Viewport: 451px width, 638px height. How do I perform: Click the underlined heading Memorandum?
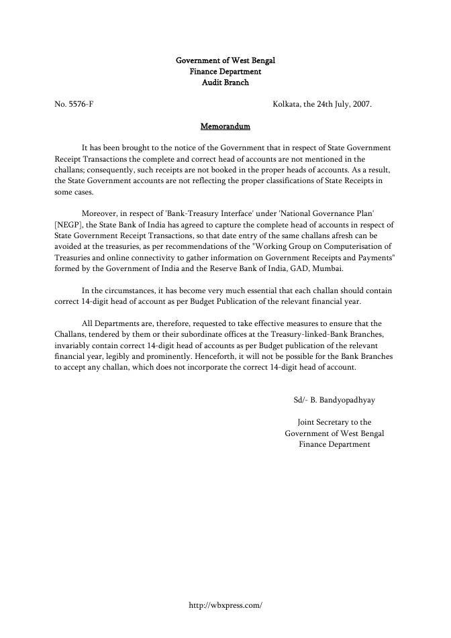pos(225,126)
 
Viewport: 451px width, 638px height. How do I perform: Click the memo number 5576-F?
pos(81,104)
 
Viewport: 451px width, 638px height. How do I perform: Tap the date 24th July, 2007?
pos(342,104)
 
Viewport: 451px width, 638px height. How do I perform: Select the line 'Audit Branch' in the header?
pos(225,83)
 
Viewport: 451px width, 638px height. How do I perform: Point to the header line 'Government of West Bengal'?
pos(225,61)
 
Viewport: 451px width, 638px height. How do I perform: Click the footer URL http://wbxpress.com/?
pos(225,604)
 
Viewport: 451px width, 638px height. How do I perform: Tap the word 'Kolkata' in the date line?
pos(287,104)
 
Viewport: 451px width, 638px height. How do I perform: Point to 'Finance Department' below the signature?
pos(334,444)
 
